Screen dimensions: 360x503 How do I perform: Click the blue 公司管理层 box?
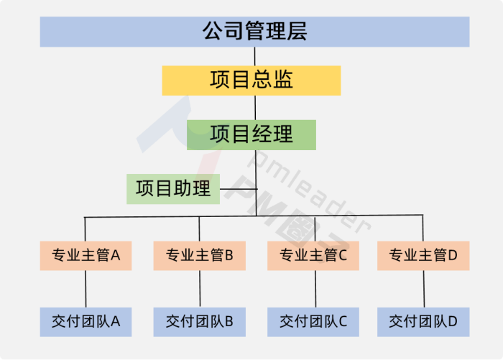254,32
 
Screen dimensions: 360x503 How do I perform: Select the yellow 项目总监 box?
251,80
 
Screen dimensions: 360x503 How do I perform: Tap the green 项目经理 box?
251,134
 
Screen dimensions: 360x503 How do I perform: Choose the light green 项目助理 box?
173,188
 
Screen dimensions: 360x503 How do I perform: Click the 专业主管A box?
86,255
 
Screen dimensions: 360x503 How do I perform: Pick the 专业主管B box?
199,255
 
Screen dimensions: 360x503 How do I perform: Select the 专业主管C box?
313,255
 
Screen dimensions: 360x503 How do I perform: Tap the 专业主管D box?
423,255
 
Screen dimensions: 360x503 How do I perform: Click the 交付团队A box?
86,321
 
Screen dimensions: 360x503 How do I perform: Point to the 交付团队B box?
199,321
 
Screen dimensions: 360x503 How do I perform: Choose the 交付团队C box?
313,321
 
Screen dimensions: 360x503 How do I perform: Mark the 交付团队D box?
423,321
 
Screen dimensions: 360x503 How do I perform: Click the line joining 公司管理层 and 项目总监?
255,56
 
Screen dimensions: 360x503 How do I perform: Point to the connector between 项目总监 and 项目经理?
255,107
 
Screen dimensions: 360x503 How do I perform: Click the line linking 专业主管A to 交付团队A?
86,288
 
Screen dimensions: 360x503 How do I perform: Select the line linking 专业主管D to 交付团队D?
423,288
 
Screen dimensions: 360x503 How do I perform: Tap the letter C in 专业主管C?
343,255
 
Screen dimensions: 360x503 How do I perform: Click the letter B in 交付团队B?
229,321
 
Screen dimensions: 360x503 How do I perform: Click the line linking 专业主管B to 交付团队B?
199,288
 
